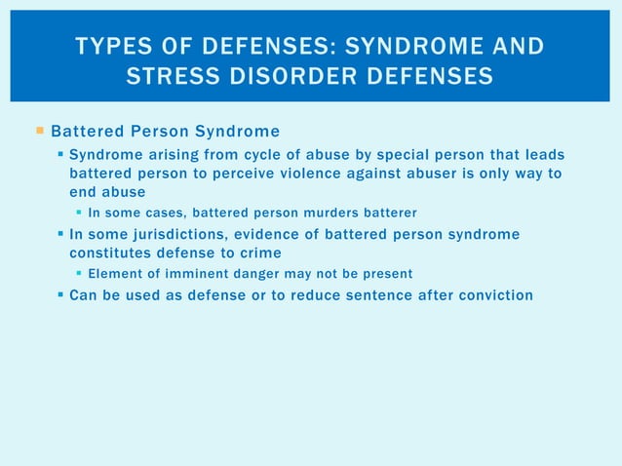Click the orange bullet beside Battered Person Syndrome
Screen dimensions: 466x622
[x=39, y=131]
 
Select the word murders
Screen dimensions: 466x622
[x=349, y=213]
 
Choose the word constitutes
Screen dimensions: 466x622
[x=110, y=252]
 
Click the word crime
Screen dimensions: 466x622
[x=261, y=252]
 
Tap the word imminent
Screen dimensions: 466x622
[x=194, y=274]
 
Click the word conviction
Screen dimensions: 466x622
[x=494, y=294]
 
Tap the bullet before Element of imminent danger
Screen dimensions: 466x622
[x=79, y=274]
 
